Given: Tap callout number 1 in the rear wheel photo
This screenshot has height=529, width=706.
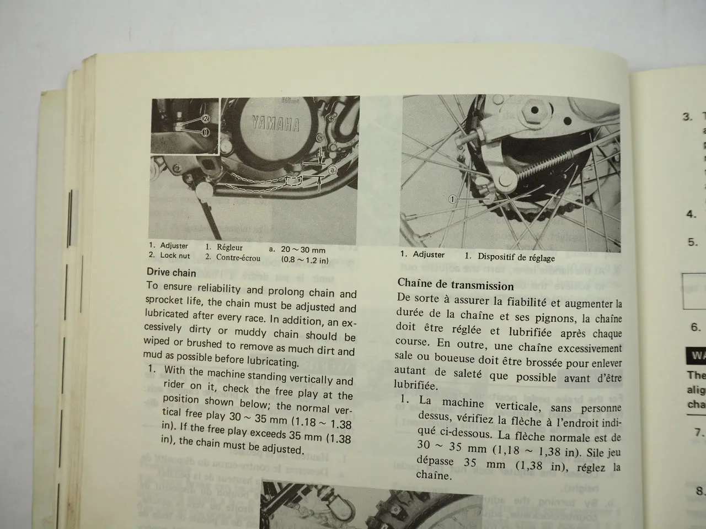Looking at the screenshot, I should pyautogui.click(x=452, y=199).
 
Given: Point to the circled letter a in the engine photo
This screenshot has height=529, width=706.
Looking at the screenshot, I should pyautogui.click(x=333, y=171).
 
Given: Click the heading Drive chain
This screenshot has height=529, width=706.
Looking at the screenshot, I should pyautogui.click(x=172, y=272).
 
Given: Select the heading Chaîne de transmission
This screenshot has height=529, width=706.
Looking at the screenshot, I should pyautogui.click(x=455, y=285).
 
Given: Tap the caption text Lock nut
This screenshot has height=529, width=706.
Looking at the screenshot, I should pyautogui.click(x=175, y=256).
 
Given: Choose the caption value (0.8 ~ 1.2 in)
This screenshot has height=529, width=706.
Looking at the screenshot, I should pyautogui.click(x=304, y=260).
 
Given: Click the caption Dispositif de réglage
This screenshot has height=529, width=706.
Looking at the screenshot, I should pyautogui.click(x=516, y=257).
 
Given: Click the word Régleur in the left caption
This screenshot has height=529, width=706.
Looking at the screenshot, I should pyautogui.click(x=229, y=247).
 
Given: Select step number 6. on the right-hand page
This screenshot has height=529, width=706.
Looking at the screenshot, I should pyautogui.click(x=696, y=327).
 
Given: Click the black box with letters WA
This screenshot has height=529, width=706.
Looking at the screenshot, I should pyautogui.click(x=696, y=356).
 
